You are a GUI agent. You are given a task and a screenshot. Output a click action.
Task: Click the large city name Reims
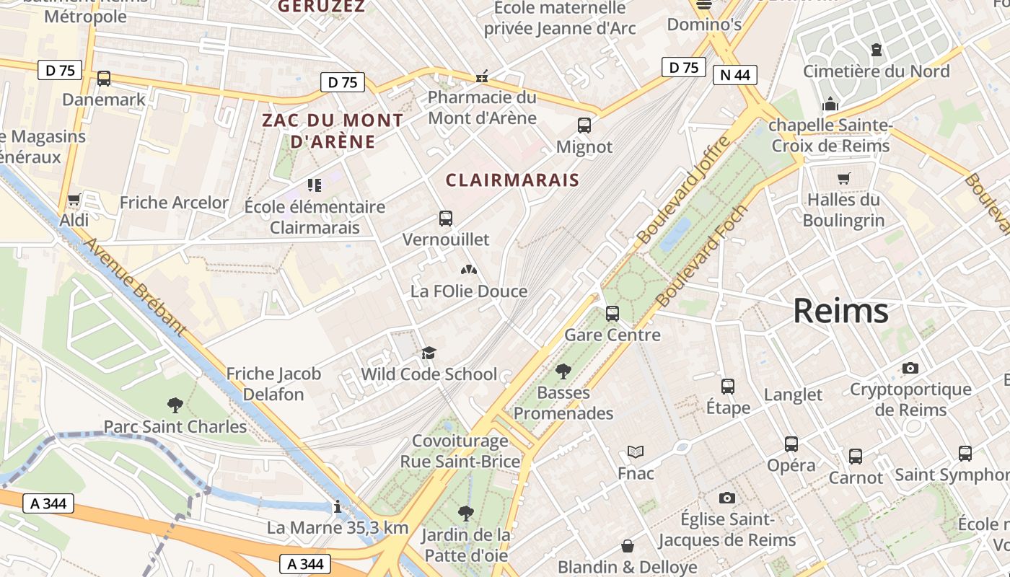click(x=840, y=311)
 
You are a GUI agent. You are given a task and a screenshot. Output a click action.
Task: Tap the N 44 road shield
click(x=734, y=74)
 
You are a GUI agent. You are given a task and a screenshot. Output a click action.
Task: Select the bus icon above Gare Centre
click(x=612, y=314)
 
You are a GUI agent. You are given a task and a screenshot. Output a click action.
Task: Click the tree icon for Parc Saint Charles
click(x=175, y=405)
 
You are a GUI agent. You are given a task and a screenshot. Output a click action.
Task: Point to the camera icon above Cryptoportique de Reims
click(x=910, y=369)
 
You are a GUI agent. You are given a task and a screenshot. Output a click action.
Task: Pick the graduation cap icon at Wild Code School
click(x=429, y=353)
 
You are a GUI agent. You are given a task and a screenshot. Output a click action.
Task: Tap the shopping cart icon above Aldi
click(x=74, y=200)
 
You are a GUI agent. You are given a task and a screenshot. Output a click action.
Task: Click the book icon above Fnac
click(x=635, y=452)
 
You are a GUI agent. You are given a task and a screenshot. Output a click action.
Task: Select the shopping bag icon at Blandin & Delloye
click(x=628, y=546)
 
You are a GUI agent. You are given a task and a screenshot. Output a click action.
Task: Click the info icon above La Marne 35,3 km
click(x=337, y=507)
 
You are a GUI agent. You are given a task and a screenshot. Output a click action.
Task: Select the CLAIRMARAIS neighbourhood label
click(x=512, y=180)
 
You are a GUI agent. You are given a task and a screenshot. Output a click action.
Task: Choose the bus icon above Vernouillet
click(x=446, y=219)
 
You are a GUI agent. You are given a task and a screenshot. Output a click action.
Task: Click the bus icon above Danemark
click(x=104, y=79)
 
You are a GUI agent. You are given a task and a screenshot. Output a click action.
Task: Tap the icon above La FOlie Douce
click(x=469, y=270)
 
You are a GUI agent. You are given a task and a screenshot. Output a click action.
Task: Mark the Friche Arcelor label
click(x=174, y=203)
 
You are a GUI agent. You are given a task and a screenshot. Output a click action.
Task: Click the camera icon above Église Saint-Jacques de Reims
click(x=727, y=498)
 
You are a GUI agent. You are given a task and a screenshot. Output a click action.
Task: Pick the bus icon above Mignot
click(x=584, y=125)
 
